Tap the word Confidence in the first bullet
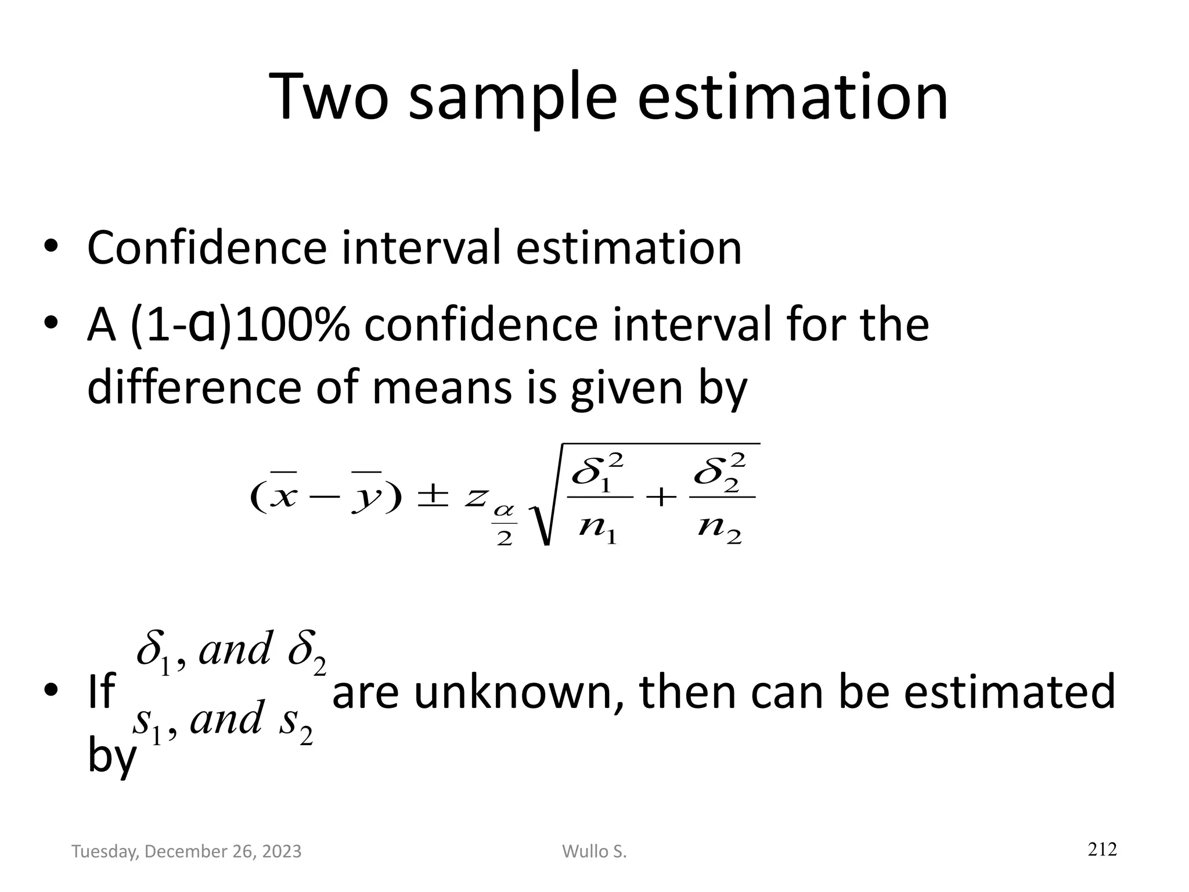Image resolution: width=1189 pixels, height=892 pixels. point(207,249)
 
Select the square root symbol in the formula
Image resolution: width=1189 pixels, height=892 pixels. point(543,511)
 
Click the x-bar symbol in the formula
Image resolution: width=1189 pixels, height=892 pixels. point(283,495)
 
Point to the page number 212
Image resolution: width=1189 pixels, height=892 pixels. point(1102,849)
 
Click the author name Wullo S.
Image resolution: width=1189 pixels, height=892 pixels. point(594,851)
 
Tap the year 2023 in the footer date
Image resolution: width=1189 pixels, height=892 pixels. point(282,851)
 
